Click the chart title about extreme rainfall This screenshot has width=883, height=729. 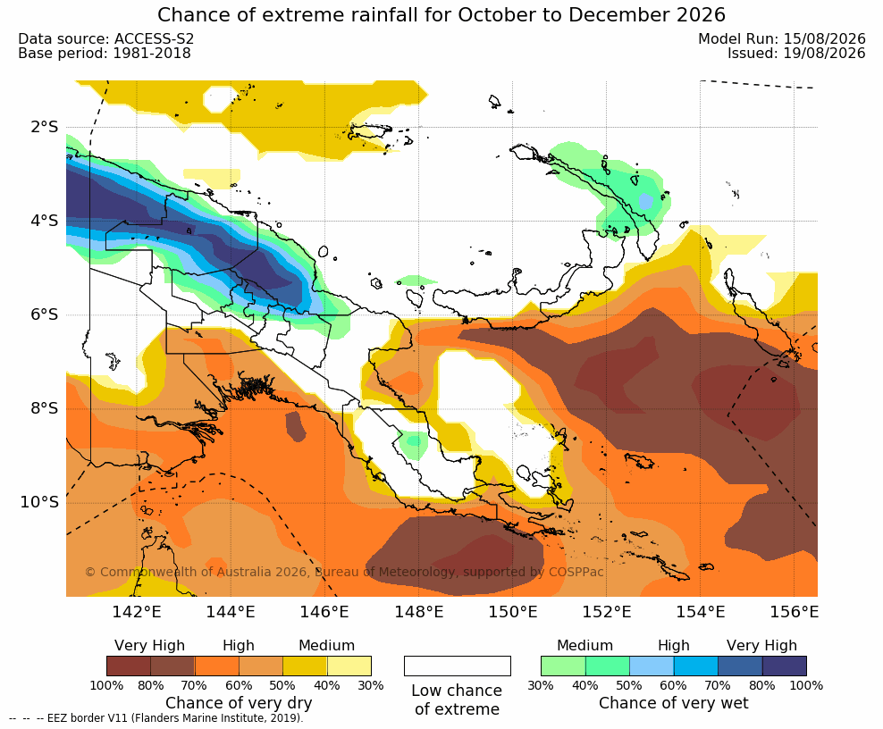441,14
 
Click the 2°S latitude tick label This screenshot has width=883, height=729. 45,127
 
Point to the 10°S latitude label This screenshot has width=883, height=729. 39,502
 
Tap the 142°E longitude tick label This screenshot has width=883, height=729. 136,611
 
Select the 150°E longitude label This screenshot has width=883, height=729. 512,611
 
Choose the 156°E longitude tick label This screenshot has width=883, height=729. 794,611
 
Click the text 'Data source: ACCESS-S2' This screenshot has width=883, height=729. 105,38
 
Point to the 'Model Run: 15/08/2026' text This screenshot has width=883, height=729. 782,38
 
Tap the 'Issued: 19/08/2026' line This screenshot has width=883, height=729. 796,54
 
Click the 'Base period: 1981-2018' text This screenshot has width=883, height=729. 105,54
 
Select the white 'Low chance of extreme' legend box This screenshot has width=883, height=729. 458,666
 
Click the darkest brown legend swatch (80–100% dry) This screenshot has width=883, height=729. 129,666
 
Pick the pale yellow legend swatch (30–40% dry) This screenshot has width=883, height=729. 349,666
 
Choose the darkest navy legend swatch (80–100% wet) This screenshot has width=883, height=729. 785,666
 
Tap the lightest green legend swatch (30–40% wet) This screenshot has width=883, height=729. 563,666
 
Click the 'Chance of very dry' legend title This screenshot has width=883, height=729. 239,703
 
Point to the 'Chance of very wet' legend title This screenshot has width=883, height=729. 674,703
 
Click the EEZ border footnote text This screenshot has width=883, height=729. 156,718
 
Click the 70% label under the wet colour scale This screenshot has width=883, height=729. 718,685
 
